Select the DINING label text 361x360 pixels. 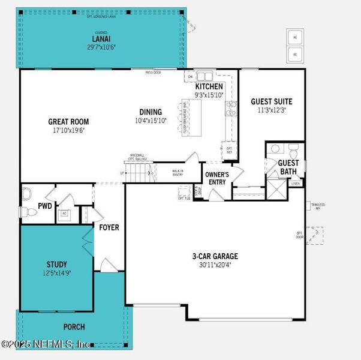pyautogui.click(x=151, y=112)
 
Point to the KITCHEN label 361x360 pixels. pyautogui.click(x=209, y=86)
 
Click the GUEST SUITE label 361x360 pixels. pyautogui.click(x=272, y=101)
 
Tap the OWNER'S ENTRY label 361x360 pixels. pyautogui.click(x=216, y=178)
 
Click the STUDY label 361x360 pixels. pyautogui.click(x=56, y=264)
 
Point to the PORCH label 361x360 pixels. pyautogui.click(x=74, y=327)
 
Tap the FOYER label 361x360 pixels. pyautogui.click(x=109, y=228)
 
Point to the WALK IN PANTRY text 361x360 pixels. pyautogui.click(x=178, y=173)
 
